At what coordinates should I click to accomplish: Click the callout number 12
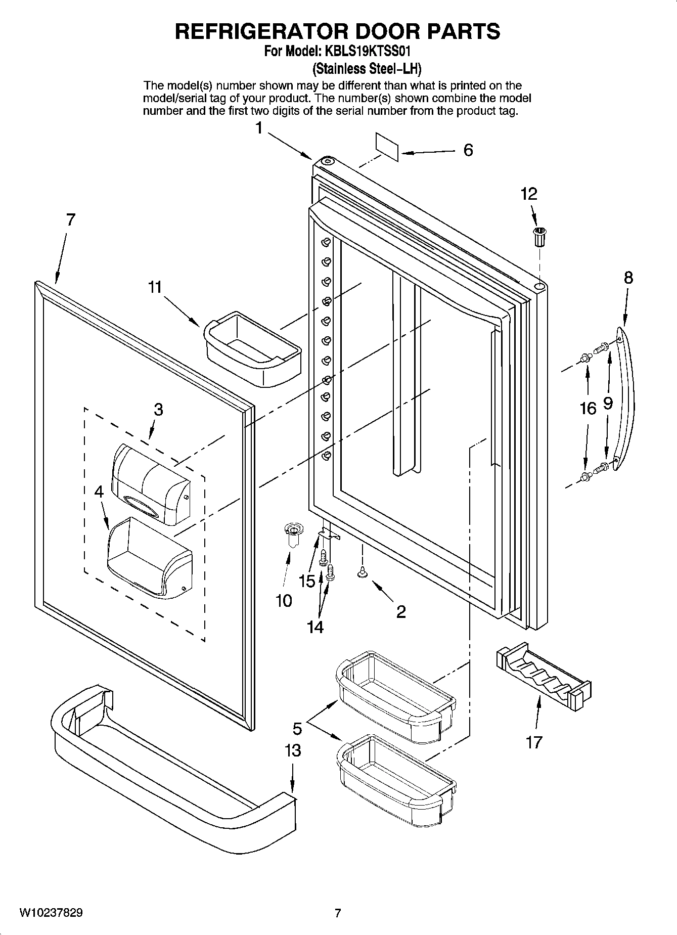[529, 194]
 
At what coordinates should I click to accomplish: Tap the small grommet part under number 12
[540, 237]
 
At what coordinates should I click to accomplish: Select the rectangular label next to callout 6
[387, 147]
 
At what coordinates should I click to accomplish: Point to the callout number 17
[534, 742]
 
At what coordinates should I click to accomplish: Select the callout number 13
[293, 750]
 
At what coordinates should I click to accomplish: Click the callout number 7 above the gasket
[70, 219]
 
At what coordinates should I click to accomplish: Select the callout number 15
[307, 581]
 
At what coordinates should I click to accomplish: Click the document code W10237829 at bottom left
[52, 913]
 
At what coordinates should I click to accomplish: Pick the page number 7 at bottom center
[338, 913]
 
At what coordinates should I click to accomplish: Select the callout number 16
[588, 408]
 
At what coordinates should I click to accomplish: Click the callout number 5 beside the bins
[297, 729]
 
